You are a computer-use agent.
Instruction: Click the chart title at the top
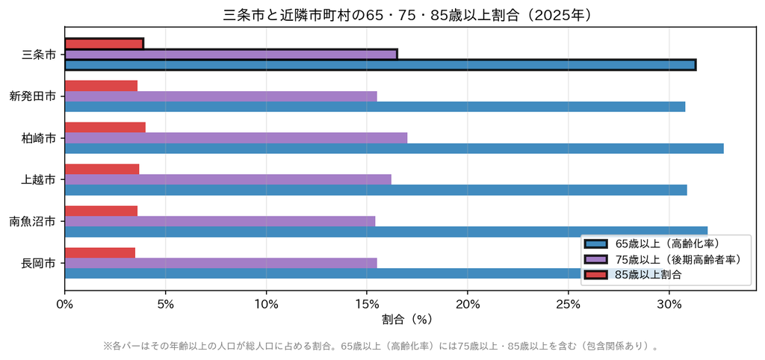click(x=407, y=15)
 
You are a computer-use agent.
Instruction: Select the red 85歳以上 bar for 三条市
click(x=104, y=44)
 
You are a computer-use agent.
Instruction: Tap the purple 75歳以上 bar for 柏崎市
click(x=235, y=138)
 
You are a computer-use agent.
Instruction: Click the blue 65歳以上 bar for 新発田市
click(x=375, y=106)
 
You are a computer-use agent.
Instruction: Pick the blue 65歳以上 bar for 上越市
click(x=376, y=190)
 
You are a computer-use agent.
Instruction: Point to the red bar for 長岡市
click(x=100, y=252)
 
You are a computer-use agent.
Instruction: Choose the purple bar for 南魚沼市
click(x=220, y=221)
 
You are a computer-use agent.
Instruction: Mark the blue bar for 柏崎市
click(x=394, y=149)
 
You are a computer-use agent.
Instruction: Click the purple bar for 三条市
click(x=232, y=54)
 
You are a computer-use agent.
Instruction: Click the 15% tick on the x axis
click(x=367, y=305)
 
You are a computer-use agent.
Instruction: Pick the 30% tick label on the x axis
click(x=669, y=305)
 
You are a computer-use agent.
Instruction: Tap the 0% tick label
click(x=65, y=305)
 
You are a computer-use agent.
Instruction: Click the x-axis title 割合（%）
click(x=407, y=320)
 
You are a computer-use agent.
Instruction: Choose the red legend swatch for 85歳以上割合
click(x=595, y=275)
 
